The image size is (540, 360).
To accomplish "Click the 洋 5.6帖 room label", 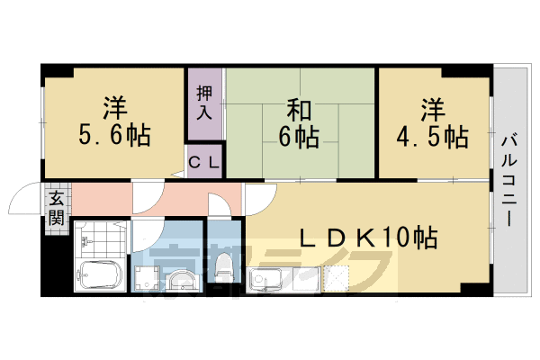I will (113, 122).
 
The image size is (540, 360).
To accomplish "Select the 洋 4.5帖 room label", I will (432, 124).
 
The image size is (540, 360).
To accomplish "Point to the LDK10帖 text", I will (368, 238).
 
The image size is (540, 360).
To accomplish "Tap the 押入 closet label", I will (205, 103).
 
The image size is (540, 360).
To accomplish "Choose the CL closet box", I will (206, 163).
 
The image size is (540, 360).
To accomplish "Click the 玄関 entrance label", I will (56, 207).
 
